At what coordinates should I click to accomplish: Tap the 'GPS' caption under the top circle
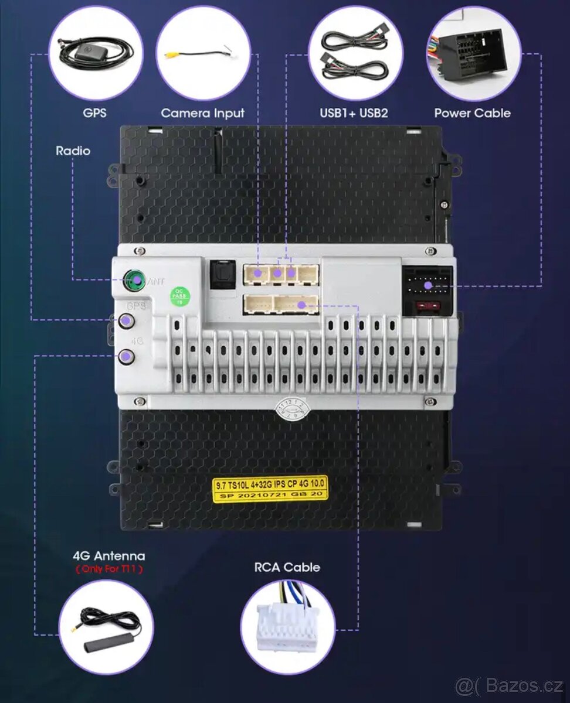[94, 113]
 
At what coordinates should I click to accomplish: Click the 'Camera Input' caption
[202, 113]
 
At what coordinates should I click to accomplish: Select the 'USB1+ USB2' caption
[354, 113]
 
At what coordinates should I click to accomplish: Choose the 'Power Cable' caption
[472, 113]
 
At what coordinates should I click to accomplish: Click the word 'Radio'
[73, 151]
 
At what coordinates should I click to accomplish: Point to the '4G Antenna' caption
[108, 556]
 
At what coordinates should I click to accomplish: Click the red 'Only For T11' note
[108, 569]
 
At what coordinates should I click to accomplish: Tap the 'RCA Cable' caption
[287, 567]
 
